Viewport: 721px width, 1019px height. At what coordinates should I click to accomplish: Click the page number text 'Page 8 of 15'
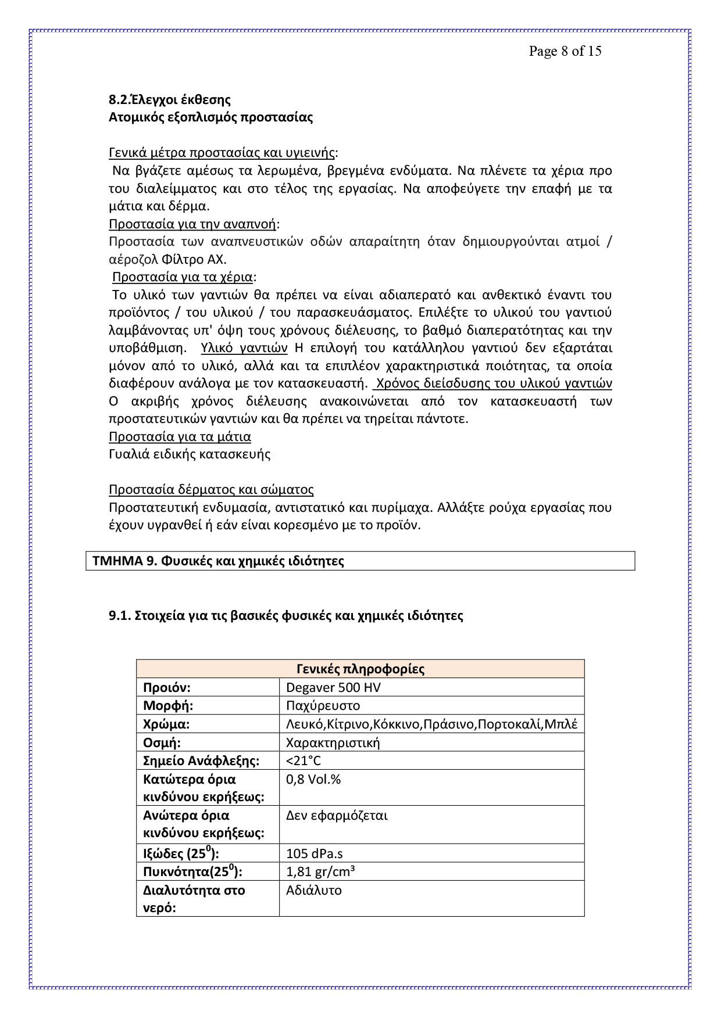[565, 51]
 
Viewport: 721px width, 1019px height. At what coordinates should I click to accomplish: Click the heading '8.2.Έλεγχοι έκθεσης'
[170, 100]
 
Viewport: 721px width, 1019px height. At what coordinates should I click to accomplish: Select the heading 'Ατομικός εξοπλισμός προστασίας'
[210, 117]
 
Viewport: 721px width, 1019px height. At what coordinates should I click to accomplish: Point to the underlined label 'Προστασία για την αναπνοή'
[193, 224]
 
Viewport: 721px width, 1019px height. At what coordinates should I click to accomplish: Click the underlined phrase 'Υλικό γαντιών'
[244, 349]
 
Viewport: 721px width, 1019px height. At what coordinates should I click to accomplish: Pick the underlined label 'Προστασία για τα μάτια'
[180, 437]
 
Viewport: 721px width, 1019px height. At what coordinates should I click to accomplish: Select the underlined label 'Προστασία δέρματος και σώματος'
[211, 490]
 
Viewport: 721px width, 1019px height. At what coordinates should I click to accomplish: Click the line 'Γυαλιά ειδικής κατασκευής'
[190, 454]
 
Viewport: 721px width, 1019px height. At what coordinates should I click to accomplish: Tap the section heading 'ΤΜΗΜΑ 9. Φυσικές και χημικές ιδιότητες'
[218, 561]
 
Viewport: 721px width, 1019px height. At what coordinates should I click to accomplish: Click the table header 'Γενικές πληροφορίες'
[360, 669]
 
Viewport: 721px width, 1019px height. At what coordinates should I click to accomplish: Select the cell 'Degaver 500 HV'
[333, 688]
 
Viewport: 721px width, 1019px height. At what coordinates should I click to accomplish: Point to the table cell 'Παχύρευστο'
[323, 706]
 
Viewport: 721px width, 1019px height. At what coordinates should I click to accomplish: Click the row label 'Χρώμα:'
[166, 724]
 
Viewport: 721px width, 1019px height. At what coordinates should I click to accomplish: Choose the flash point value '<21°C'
[303, 761]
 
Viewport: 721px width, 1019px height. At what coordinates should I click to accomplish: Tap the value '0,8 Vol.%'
[313, 780]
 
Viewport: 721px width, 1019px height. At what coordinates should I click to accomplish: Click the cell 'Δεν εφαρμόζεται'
[337, 816]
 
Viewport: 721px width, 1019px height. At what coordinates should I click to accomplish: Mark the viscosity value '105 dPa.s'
[314, 854]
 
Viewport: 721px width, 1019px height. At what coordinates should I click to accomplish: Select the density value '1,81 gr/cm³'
[320, 872]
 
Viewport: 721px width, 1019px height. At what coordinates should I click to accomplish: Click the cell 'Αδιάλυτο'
[313, 891]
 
